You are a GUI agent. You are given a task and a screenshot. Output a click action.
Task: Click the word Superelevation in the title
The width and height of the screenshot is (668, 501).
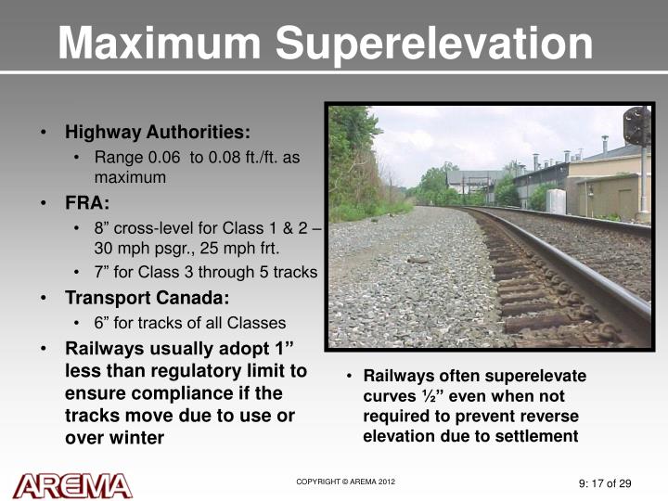430,44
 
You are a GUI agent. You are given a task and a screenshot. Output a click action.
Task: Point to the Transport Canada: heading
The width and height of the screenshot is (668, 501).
147,298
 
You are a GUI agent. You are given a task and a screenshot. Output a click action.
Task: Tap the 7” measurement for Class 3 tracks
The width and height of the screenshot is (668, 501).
101,273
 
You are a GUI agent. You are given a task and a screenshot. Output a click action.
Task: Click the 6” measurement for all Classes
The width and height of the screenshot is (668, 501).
101,323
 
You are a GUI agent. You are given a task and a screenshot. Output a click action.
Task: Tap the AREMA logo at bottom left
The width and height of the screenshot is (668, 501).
72,485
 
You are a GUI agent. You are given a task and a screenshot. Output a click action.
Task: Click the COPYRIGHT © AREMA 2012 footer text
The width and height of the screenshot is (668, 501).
346,482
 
